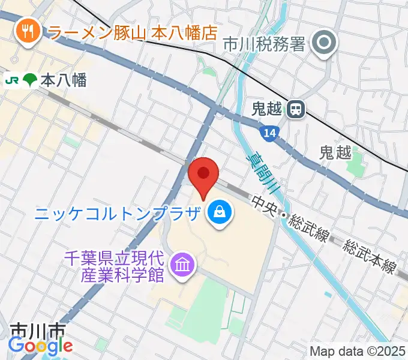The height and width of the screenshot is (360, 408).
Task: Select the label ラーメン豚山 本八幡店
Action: [131, 32]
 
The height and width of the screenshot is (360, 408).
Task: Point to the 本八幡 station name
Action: [64, 80]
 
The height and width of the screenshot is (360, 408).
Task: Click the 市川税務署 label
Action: [265, 43]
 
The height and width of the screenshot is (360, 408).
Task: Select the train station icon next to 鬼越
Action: [295, 109]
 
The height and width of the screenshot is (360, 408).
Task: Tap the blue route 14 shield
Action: [271, 134]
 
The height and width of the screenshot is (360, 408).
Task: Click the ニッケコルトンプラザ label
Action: [116, 213]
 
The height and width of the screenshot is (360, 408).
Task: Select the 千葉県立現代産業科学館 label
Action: [115, 266]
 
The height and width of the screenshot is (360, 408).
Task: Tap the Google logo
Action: [40, 346]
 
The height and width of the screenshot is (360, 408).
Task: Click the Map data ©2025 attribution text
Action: [356, 351]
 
